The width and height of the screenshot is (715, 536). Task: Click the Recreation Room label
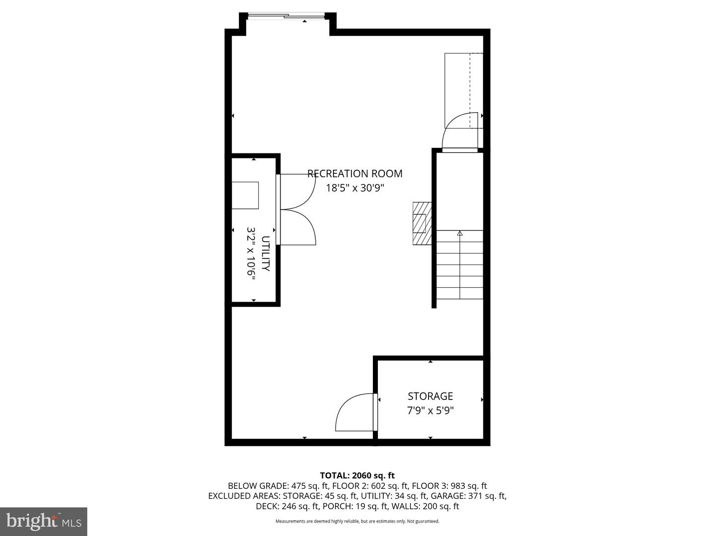[355, 174]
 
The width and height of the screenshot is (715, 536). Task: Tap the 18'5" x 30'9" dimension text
[355, 188]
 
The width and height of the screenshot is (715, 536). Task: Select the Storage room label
[430, 396]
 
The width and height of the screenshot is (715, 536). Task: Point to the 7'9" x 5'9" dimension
[430, 410]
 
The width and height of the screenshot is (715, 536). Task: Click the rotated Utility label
[266, 254]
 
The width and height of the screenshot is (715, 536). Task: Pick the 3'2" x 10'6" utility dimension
[251, 253]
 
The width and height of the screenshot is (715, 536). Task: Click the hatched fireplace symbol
[422, 223]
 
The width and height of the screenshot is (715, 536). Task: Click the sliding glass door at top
[286, 15]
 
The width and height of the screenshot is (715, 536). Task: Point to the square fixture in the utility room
[245, 195]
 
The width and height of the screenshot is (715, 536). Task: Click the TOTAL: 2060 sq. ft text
[357, 475]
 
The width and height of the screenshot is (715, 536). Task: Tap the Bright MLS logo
[44, 521]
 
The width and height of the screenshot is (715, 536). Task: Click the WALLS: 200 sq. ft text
[425, 506]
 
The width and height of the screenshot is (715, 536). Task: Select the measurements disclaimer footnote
[357, 521]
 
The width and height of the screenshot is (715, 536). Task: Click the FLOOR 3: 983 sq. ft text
[449, 486]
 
